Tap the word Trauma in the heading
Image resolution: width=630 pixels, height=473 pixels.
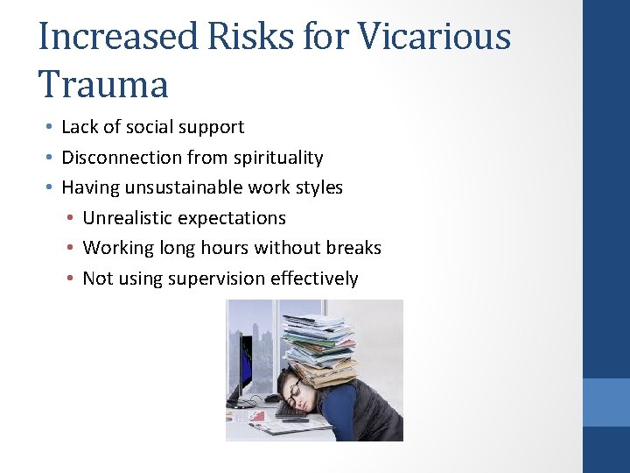pos(103,85)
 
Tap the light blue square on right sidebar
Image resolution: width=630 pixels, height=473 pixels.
pos(605,402)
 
